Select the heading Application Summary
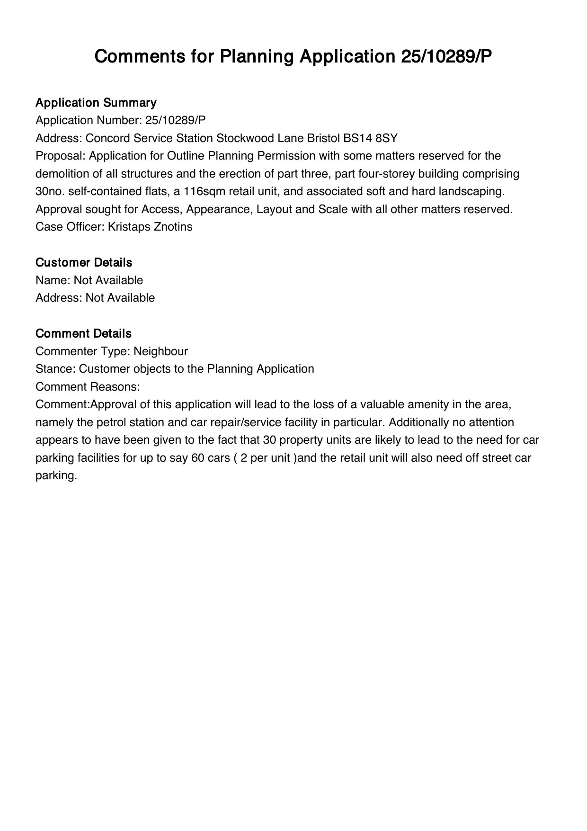coord(96,103)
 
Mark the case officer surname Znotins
coord(173,227)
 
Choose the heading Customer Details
coord(84,262)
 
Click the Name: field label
coord(53,280)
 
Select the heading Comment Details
coord(83,333)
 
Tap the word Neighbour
coord(160,351)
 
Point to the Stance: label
coord(55,369)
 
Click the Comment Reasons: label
coord(88,387)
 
